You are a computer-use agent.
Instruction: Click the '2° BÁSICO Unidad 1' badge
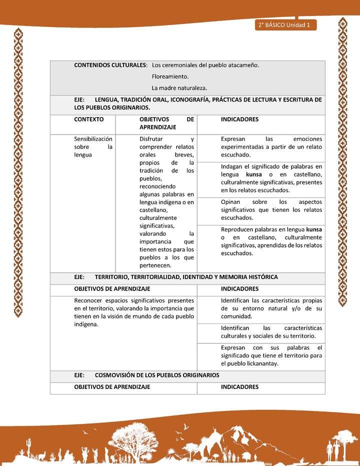point(285,25)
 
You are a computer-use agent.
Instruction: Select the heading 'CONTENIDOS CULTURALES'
point(110,65)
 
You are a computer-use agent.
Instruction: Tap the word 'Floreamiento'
point(170,77)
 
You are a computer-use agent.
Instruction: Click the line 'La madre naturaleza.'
point(179,88)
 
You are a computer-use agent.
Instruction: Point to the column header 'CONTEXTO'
point(89,120)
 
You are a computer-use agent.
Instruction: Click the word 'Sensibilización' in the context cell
point(93,139)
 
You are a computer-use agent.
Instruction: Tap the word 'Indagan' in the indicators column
point(232,166)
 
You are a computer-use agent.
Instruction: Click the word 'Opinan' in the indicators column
point(231,202)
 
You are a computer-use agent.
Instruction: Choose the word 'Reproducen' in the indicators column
point(237,229)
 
